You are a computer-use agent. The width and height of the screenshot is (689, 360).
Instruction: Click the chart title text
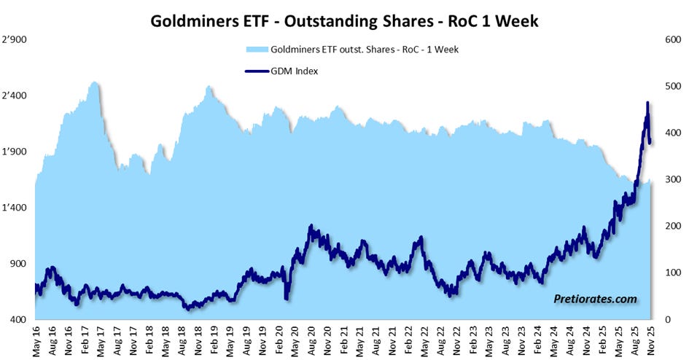click(x=344, y=20)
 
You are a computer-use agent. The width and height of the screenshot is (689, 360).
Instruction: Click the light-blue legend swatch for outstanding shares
click(x=257, y=50)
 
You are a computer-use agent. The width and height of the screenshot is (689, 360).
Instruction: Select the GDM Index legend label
click(x=294, y=71)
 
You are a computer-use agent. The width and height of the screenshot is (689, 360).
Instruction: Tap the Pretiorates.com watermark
click(x=596, y=299)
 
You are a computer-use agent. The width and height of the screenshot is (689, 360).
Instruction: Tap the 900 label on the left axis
click(x=18, y=264)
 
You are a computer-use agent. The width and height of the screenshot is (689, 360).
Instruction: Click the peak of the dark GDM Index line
click(x=647, y=103)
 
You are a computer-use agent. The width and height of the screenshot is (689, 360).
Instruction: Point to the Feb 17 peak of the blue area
click(x=94, y=82)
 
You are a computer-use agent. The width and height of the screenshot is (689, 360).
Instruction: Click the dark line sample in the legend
click(x=256, y=71)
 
